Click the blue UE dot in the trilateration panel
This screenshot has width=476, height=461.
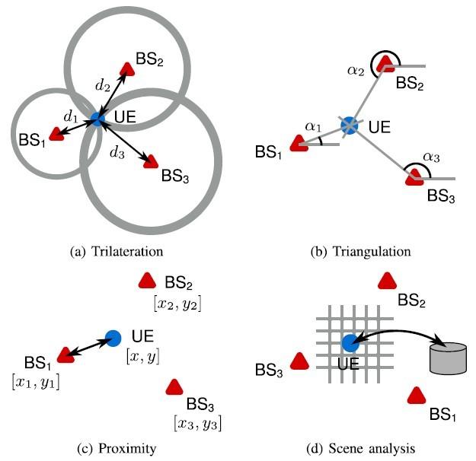click(x=97, y=119)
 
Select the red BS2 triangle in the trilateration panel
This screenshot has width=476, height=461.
click(x=127, y=68)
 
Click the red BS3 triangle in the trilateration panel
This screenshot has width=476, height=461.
click(x=150, y=161)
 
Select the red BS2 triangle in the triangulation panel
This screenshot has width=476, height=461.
click(x=388, y=62)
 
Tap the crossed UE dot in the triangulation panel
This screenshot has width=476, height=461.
click(x=350, y=125)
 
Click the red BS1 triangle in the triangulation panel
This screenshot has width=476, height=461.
click(x=299, y=145)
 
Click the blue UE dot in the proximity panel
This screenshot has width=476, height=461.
click(x=113, y=337)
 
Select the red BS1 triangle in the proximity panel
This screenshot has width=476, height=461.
click(x=65, y=354)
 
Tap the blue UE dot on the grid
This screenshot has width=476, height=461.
click(x=350, y=344)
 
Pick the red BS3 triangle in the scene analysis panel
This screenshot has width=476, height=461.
click(x=299, y=361)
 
